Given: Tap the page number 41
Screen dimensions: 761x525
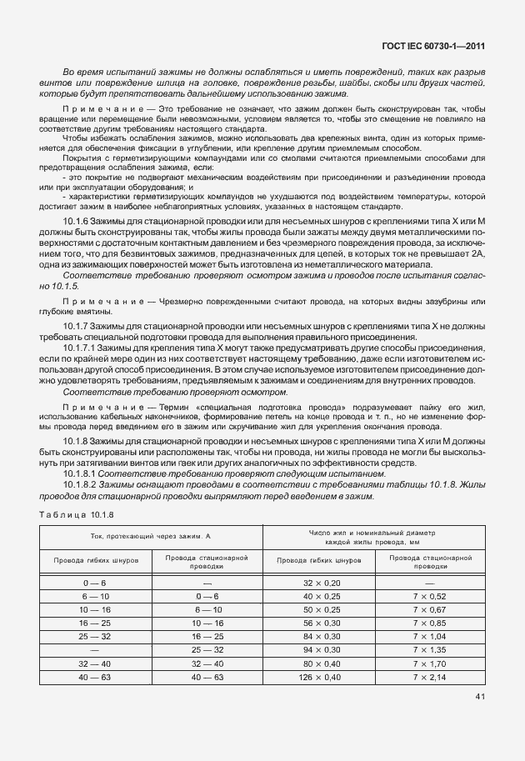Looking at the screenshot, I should pos(480,696).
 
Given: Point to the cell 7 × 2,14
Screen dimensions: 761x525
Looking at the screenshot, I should pos(430,677).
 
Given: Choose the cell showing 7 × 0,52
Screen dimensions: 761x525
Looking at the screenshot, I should pos(430,598).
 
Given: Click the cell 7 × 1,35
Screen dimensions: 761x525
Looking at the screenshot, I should pos(430,650).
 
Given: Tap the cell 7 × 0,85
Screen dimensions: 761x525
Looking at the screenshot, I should pos(430,623).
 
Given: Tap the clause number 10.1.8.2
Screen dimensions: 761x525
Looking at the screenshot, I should pos(80,484).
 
